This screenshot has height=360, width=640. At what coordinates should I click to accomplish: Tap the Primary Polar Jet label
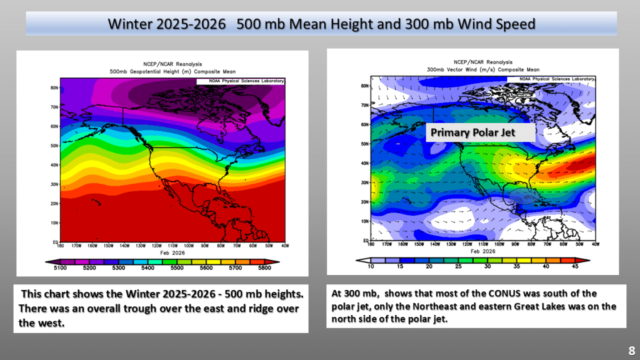[x=481, y=132]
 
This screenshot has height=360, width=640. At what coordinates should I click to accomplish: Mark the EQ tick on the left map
[x=55, y=242]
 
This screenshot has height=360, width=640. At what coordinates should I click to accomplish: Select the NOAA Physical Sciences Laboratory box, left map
[x=241, y=81]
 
